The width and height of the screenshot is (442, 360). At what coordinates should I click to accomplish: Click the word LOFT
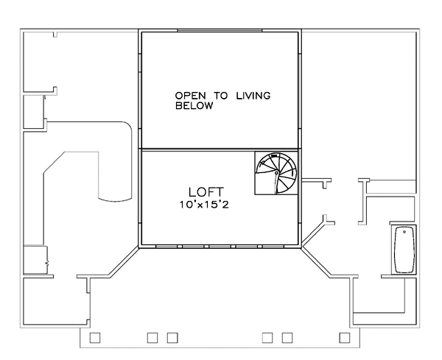coord(206,192)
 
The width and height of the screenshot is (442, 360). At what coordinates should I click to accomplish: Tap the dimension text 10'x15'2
coord(204,205)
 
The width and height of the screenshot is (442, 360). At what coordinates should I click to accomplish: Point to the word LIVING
coord(253,96)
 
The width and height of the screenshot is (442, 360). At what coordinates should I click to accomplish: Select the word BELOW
coord(194,105)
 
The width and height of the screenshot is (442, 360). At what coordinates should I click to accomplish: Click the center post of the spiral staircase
coord(276,173)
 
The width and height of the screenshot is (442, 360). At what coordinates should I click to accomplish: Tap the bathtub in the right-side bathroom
coord(404,250)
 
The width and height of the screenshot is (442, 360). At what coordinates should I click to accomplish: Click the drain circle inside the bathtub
coord(404,232)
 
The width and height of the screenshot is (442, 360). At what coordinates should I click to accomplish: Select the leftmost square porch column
coord(95,338)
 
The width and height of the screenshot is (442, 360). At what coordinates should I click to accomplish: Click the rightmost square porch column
coord(345,338)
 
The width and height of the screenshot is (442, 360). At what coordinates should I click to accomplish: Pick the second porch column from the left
coord(152,338)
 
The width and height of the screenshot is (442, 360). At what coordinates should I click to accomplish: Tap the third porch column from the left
coord(172,338)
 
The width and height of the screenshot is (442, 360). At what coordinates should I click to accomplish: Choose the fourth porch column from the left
coord(267,338)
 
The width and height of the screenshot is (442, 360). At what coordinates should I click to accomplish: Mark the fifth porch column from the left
coord(287,338)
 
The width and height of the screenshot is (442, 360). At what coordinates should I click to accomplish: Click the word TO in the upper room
coord(221,96)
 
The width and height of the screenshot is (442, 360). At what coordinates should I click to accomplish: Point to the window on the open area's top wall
coord(220,30)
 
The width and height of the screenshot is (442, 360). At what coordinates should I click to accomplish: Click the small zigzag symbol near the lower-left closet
coord(47,264)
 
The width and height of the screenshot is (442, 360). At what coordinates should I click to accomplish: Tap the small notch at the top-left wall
coord(55,35)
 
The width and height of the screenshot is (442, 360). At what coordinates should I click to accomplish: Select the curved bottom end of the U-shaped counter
coord(115,200)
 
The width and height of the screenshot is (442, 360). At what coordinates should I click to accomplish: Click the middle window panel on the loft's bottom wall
coord(220,247)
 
